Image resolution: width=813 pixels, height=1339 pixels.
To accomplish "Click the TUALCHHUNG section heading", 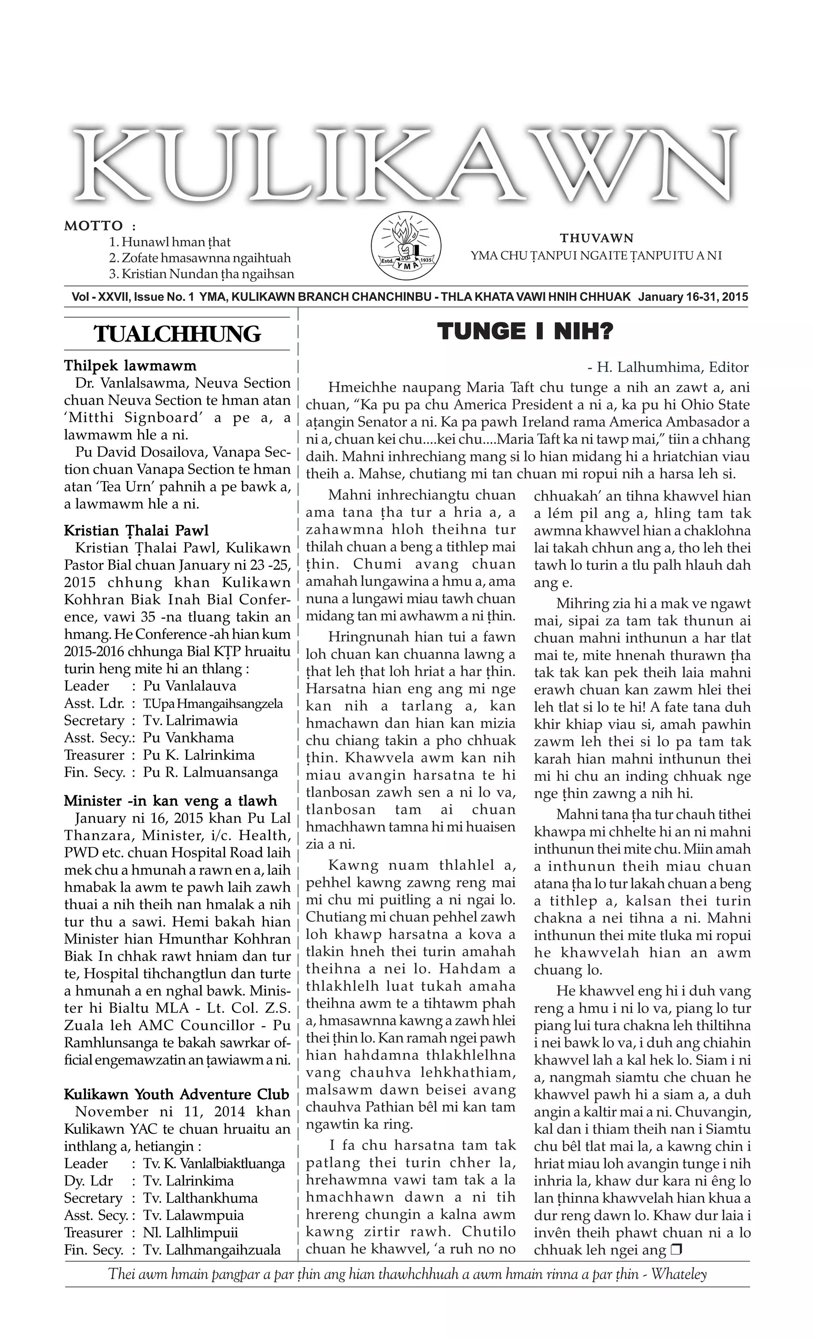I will [x=177, y=334].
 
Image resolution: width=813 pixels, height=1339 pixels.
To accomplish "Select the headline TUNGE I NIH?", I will [x=525, y=331].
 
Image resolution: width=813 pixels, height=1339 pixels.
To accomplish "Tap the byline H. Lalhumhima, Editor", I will [x=668, y=367].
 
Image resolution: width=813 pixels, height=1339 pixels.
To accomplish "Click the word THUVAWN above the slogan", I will [x=597, y=238].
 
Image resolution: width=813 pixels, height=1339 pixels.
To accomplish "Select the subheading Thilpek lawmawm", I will [x=130, y=366].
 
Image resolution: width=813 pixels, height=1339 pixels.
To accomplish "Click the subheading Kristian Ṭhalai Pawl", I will [x=136, y=530].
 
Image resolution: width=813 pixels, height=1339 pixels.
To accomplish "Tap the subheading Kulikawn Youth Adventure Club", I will [x=177, y=1094].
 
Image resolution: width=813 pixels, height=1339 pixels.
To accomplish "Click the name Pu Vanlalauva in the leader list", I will [x=190, y=686].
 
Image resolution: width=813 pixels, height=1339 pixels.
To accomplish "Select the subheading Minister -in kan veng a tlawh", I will [x=170, y=800].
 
